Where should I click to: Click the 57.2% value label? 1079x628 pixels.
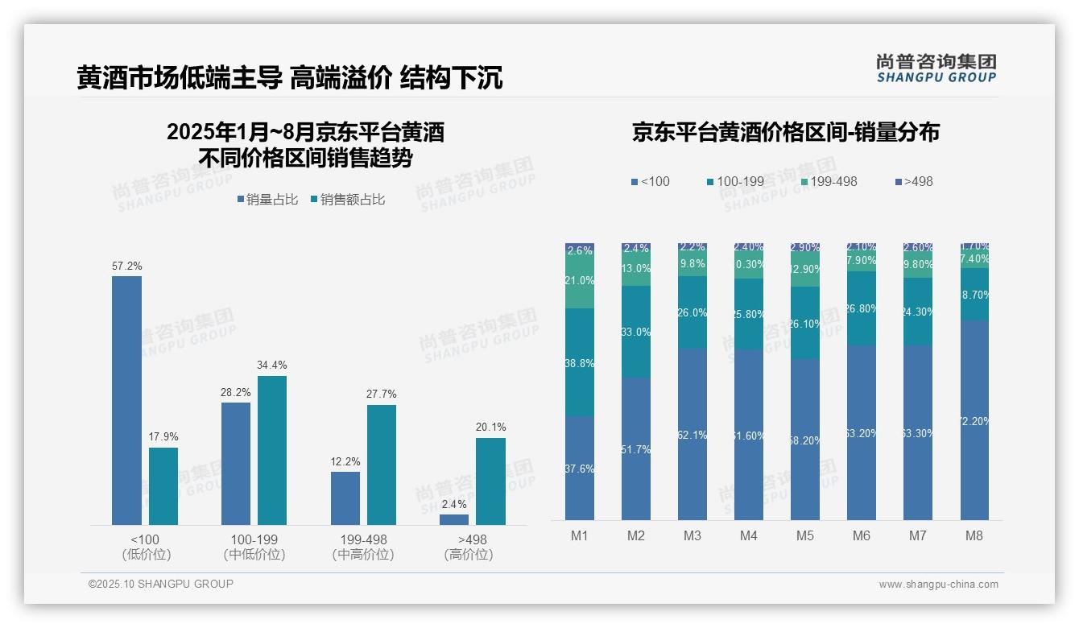pos(126,266)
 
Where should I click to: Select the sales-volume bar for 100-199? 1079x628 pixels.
pos(236,463)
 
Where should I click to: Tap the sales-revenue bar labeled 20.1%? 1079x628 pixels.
pos(490,481)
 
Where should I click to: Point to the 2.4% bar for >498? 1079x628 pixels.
pos(454,519)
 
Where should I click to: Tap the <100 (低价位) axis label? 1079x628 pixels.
pos(145,547)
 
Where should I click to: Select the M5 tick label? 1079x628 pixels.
pos(804,536)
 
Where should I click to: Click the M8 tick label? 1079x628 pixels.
pos(974,536)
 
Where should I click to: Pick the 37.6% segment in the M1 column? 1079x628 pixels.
pos(580,468)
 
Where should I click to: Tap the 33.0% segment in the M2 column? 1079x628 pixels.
pos(635,332)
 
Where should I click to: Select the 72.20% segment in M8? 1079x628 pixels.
pos(974,420)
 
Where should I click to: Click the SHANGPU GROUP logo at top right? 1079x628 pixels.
pos(936,68)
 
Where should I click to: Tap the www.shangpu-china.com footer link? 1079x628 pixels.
pos(938,585)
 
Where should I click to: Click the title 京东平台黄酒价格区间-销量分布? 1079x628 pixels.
pos(785,132)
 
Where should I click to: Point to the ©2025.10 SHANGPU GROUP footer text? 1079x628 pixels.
pos(161,584)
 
